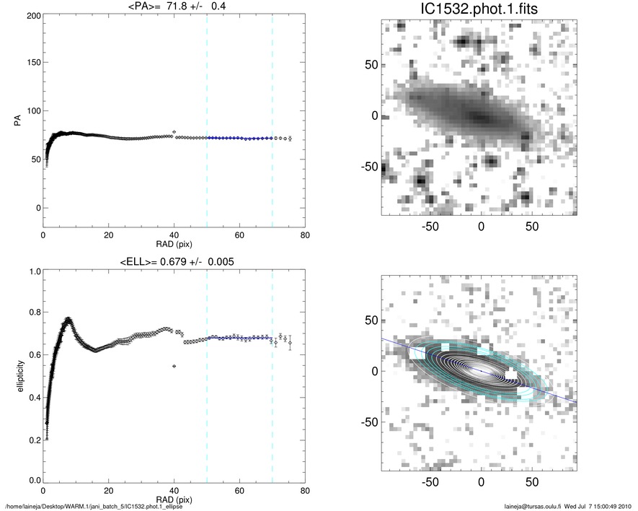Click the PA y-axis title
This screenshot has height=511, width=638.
pyautogui.click(x=15, y=123)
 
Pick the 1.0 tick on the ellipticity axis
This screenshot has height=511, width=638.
pyautogui.click(x=32, y=271)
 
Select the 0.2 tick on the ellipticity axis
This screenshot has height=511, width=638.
pyautogui.click(x=32, y=439)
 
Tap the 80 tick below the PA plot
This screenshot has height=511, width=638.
pyautogui.click(x=305, y=235)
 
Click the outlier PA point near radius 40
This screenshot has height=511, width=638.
pyautogui.click(x=174, y=132)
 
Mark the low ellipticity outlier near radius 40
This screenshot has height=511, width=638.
pyautogui.click(x=174, y=366)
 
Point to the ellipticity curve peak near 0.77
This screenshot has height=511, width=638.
pyautogui.click(x=68, y=319)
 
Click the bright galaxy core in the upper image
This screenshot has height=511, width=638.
pyautogui.click(x=482, y=117)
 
